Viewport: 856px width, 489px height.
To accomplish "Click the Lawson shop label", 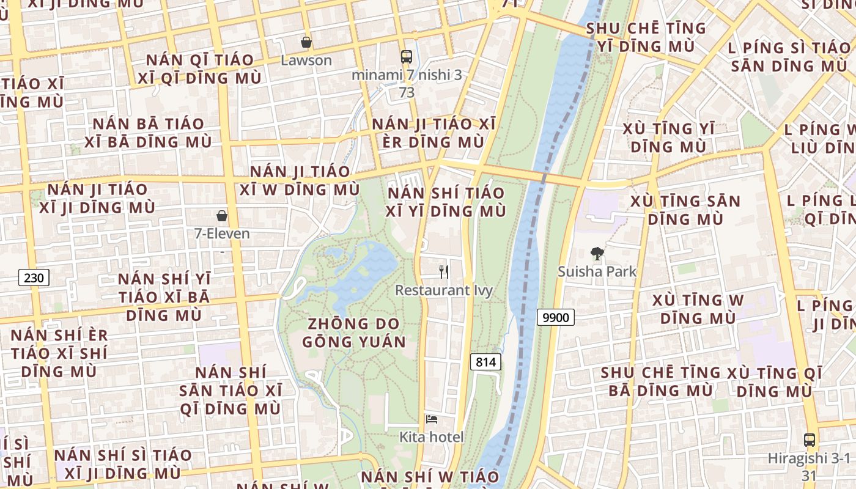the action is click(x=306, y=60).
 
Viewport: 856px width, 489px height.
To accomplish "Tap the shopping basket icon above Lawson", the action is click(x=306, y=42).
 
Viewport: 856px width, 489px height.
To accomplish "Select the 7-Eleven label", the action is click(x=222, y=233).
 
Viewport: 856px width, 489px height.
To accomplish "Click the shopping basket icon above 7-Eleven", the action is click(x=222, y=215).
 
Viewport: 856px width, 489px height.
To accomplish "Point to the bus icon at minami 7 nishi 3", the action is click(x=407, y=57).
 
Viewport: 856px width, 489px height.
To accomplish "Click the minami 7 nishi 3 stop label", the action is click(x=407, y=75).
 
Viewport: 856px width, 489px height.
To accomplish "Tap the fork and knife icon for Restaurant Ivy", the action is click(x=444, y=272).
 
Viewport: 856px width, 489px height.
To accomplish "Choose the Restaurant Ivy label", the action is click(x=444, y=290).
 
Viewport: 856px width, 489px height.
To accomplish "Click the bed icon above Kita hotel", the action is click(x=432, y=419).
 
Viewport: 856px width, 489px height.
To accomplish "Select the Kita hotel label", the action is click(x=432, y=437).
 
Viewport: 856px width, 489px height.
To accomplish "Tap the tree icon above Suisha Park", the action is click(x=597, y=253).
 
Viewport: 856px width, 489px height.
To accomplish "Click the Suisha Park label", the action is click(x=597, y=271).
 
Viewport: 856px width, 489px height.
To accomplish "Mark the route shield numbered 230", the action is click(x=34, y=278).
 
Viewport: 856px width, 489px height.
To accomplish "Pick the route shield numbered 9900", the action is click(x=556, y=317).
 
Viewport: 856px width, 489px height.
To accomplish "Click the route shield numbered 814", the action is click(x=486, y=362).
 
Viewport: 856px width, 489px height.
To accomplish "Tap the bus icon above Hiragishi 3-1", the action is click(x=810, y=439).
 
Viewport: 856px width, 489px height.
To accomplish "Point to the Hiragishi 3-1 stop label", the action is click(x=810, y=458).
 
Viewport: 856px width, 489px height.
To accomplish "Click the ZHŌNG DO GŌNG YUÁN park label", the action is click(x=354, y=333).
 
